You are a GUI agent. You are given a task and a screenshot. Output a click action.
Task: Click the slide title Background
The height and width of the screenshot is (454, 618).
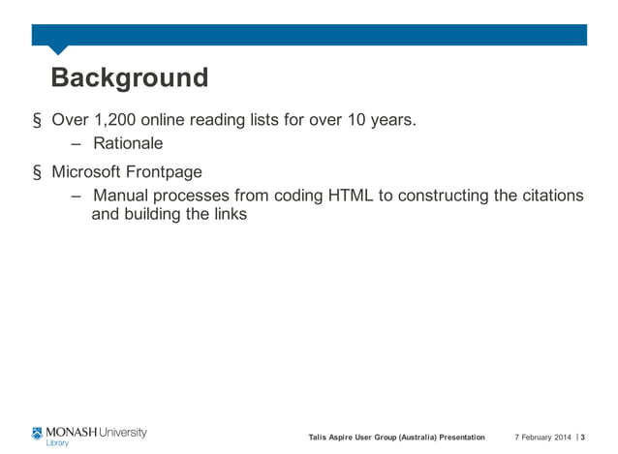click(x=129, y=78)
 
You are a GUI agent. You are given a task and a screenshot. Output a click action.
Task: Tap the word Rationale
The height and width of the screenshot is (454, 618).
click(x=128, y=144)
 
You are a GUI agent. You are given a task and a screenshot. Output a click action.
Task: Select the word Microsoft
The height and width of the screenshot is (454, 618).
click(x=92, y=172)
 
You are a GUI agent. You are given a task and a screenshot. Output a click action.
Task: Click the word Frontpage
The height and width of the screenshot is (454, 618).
click(x=169, y=172)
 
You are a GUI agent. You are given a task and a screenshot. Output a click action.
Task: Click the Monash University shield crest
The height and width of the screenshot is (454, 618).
click(x=37, y=433)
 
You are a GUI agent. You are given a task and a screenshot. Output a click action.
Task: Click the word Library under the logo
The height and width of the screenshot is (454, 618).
click(x=57, y=443)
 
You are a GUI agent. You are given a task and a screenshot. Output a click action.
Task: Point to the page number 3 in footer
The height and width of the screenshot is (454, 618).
click(x=582, y=438)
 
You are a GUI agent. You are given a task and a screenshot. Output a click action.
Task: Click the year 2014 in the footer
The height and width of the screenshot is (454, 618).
click(x=562, y=438)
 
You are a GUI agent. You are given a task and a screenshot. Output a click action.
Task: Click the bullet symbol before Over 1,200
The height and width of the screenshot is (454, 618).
click(x=37, y=122)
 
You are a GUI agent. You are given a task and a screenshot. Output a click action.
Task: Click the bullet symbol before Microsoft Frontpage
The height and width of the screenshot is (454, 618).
click(x=37, y=173)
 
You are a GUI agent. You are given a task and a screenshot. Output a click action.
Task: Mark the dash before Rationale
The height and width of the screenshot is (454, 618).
click(x=77, y=144)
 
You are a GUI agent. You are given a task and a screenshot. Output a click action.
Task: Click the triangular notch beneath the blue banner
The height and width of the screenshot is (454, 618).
click(x=58, y=49)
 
